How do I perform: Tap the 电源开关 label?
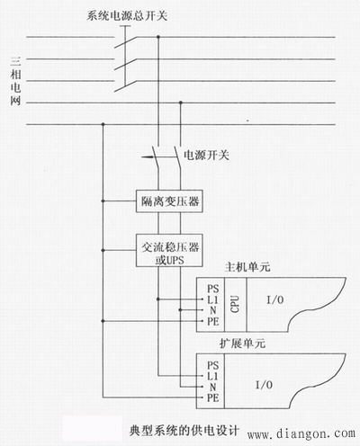click(x=206, y=155)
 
